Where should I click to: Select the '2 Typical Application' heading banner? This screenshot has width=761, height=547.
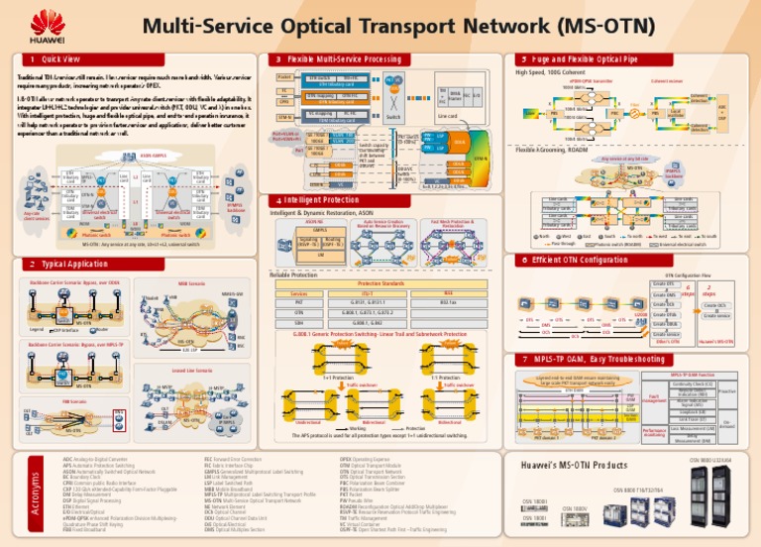72,265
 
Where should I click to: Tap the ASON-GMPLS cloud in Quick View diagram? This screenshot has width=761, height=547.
153,157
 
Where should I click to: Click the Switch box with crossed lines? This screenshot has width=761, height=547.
393,100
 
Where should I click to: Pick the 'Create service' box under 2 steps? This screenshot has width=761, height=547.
716,316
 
